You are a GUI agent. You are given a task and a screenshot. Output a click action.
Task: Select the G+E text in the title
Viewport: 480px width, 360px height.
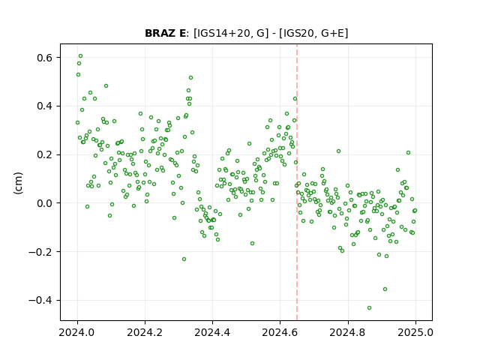tap(331, 33)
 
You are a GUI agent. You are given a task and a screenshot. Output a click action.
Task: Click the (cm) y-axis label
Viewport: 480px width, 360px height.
tap(18, 183)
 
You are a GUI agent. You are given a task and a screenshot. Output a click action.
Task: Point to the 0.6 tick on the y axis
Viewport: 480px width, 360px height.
tap(45, 58)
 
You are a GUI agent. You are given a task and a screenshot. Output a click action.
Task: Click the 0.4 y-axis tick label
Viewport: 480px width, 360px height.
tap(45, 106)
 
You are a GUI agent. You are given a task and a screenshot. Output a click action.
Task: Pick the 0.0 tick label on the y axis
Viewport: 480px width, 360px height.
tap(45, 203)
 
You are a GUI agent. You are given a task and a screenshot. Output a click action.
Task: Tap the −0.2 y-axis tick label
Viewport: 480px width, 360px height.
tap(40, 252)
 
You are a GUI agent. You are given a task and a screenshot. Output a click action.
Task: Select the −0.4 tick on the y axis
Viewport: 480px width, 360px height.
tap(40, 300)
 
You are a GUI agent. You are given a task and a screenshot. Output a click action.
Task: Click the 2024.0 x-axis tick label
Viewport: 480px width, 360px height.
tap(77, 332)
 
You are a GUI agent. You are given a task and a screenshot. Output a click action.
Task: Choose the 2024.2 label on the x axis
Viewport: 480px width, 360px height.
tap(145, 332)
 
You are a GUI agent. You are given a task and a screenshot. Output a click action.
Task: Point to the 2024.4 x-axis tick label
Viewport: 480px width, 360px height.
tap(213, 332)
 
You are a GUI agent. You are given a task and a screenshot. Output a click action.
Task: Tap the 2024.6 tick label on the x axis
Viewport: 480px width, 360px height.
tap(280, 332)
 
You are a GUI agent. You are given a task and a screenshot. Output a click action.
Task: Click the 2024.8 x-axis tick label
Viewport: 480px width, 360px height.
tap(348, 332)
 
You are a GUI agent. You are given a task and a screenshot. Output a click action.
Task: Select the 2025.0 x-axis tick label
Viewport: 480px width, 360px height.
tap(415, 332)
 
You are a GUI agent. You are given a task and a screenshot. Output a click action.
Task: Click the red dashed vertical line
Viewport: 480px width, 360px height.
tap(297, 182)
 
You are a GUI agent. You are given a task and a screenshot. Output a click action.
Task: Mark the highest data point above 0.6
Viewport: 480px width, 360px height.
tap(80, 56)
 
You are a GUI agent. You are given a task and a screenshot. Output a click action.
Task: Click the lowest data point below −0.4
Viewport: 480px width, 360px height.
tap(369, 308)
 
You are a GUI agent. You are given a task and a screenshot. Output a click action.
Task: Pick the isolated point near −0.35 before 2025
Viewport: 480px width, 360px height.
tap(385, 289)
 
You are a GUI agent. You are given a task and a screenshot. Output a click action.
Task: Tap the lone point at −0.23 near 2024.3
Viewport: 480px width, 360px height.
tap(184, 259)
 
